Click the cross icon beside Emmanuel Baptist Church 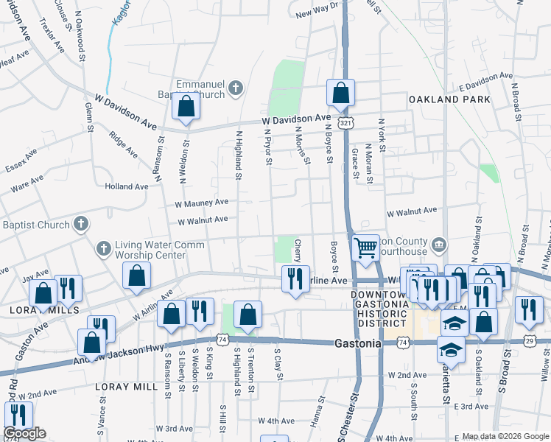[x=236, y=89]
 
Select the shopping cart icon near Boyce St [x=365, y=248]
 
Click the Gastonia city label [x=358, y=343]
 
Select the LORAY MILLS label [x=34, y=311]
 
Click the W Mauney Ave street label [x=201, y=202]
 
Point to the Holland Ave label [x=127, y=187]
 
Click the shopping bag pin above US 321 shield [x=340, y=94]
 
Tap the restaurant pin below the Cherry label [x=293, y=278]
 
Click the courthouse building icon [x=438, y=243]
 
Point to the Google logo [x=24, y=433]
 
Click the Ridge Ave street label [x=123, y=144]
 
